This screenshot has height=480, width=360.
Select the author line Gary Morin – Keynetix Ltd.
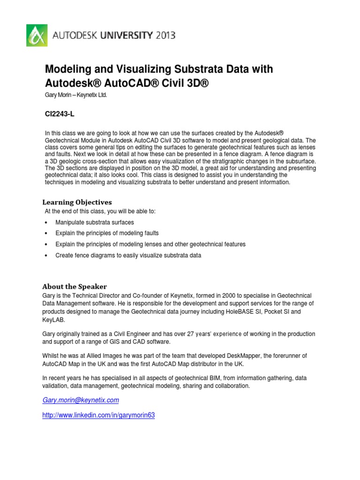point(79,96)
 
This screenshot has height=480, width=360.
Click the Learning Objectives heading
point(77,202)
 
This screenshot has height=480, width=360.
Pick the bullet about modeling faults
point(107,233)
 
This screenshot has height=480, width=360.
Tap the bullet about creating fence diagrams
point(128,255)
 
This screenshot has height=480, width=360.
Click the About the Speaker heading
point(75,286)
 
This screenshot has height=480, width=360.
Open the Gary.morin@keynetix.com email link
point(81,400)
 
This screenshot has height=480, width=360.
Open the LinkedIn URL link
point(98,415)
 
